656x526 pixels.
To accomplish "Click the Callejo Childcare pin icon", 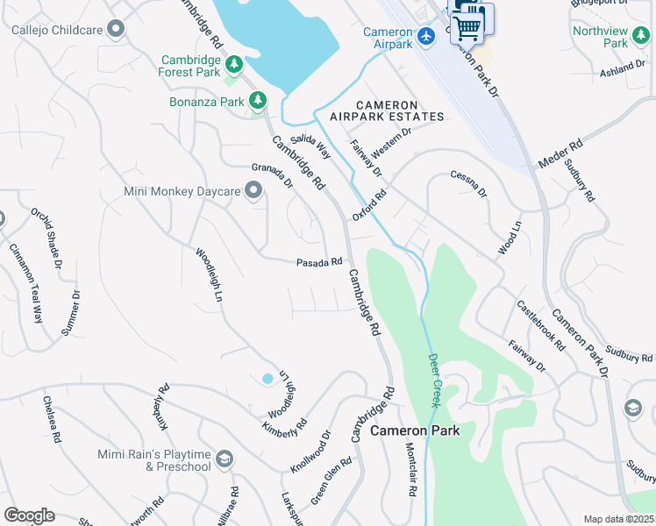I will point(115,30).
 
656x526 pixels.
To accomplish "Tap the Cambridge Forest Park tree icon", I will point(233,64).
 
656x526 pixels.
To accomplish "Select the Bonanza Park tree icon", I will point(258,102).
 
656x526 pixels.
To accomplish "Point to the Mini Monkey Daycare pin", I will point(254,191).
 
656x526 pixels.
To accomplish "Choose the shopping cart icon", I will point(469,25).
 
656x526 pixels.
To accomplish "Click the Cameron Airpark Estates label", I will point(387,110).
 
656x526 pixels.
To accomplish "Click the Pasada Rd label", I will point(318,262).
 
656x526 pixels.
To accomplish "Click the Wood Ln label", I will point(510,238).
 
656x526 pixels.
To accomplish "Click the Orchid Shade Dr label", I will point(47,232).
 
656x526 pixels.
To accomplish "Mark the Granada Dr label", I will point(272,175).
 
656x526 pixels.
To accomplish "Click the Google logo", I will point(29,515).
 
